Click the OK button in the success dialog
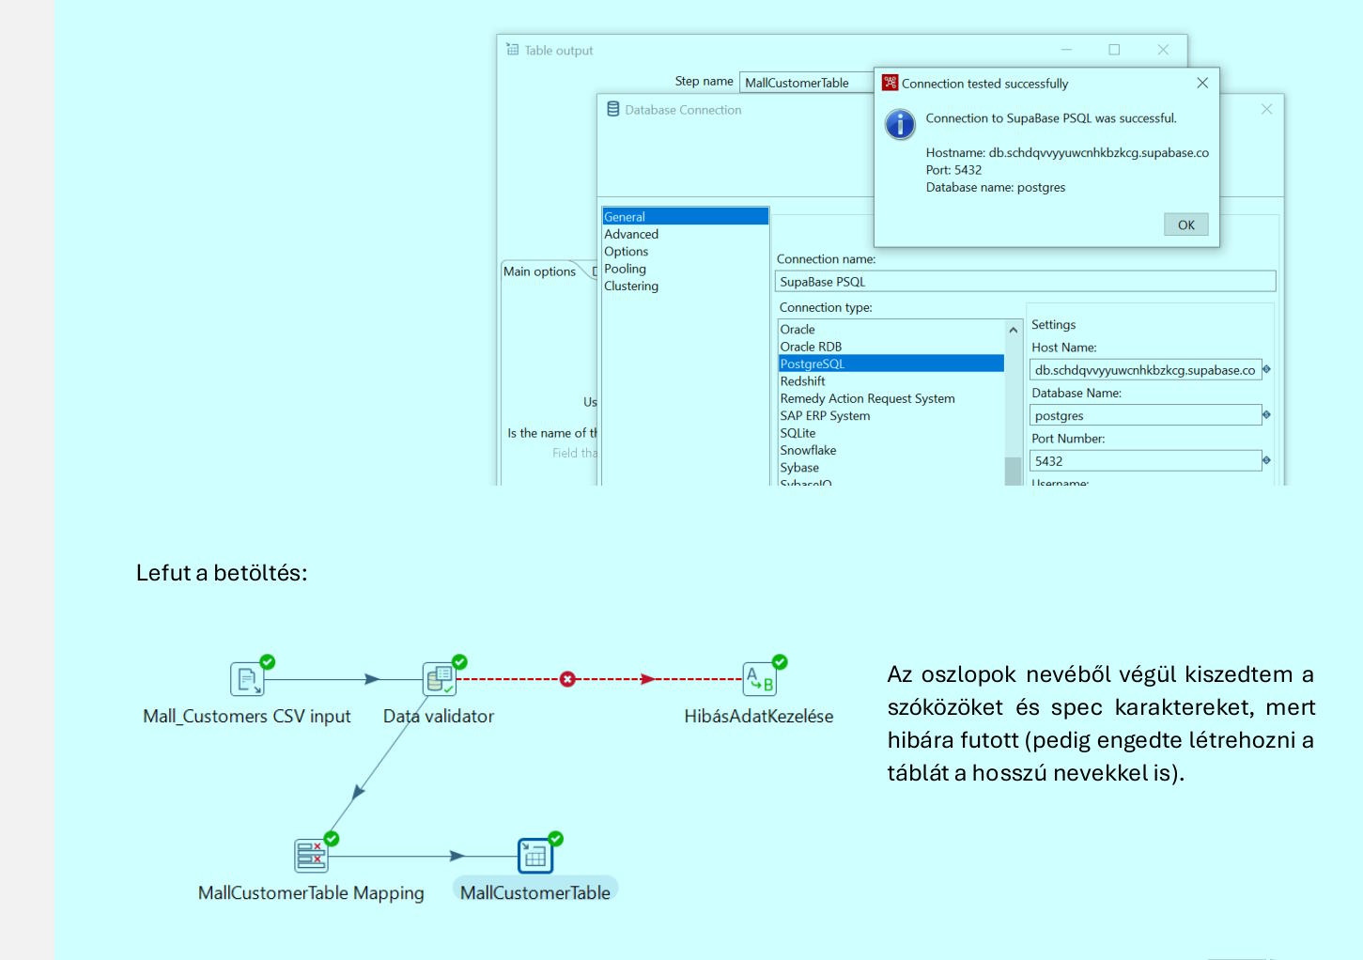[x=1185, y=225]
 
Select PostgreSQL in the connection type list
[x=813, y=364]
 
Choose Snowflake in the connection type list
[x=808, y=450]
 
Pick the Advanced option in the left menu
[x=631, y=234]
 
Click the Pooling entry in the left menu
[x=625, y=269]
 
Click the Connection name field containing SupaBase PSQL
[x=1025, y=282]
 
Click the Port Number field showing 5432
[x=1145, y=461]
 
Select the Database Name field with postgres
[x=1145, y=415]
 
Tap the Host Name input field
[x=1145, y=370]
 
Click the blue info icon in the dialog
[x=900, y=124]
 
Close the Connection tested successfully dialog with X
[x=1202, y=83]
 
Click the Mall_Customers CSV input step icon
[x=247, y=679]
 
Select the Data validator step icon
[x=440, y=679]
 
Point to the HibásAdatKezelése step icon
[x=759, y=679]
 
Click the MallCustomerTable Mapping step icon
[x=311, y=856]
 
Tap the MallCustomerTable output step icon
[x=534, y=856]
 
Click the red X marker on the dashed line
[x=567, y=679]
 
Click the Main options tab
[x=539, y=271]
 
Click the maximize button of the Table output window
[x=1114, y=49]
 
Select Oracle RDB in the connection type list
[x=811, y=347]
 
